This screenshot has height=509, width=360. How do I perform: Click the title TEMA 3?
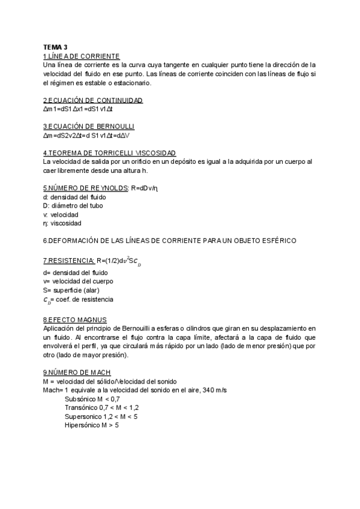point(55,47)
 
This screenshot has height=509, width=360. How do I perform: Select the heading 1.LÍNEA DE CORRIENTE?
point(82,55)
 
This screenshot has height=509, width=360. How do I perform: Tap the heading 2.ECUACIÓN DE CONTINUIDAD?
point(93,100)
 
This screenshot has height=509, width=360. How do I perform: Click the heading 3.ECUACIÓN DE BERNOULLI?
point(89,127)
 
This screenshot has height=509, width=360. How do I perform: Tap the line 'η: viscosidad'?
point(62,223)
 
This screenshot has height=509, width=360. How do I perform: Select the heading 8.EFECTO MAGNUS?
point(74,320)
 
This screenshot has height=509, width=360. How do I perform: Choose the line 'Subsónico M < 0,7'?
point(92,399)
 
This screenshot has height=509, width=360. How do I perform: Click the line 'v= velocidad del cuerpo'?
point(79,281)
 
